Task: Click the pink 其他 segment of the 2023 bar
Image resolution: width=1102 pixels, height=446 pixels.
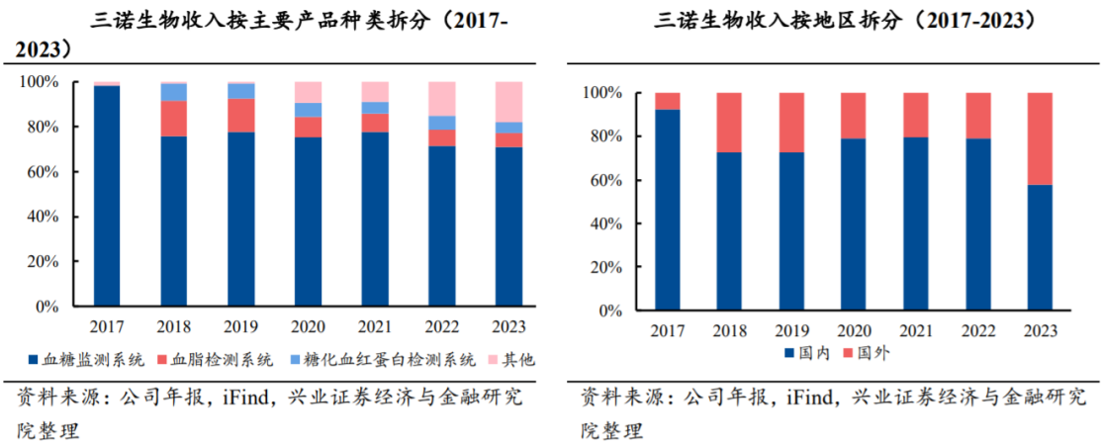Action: [x=508, y=101]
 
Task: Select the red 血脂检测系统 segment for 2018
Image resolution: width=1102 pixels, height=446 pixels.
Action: [x=174, y=118]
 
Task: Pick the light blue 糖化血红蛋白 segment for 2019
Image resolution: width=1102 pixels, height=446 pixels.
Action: [x=241, y=91]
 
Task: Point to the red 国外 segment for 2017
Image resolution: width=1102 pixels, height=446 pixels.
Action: [x=669, y=101]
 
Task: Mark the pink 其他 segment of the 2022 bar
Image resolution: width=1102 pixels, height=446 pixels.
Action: [x=441, y=98]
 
